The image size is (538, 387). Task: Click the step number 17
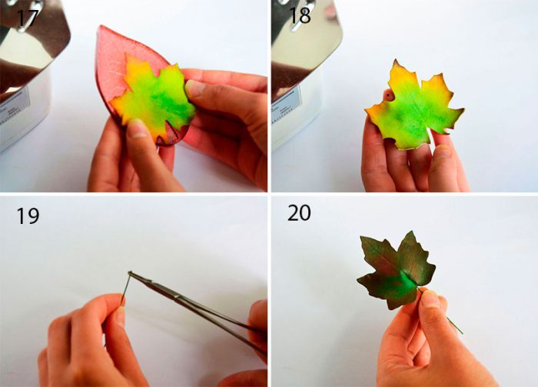click(x=27, y=18)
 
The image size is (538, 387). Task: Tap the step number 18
click(x=300, y=15)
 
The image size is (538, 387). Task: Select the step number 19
click(x=28, y=215)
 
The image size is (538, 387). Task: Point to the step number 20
click(x=299, y=213)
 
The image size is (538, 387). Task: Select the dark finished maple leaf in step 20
click(x=397, y=270)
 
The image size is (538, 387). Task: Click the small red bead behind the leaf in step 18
click(x=389, y=95)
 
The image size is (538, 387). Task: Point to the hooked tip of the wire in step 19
click(x=130, y=273)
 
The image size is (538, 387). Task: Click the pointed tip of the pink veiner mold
click(x=100, y=26)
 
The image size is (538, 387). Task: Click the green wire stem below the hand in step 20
click(x=455, y=325)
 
